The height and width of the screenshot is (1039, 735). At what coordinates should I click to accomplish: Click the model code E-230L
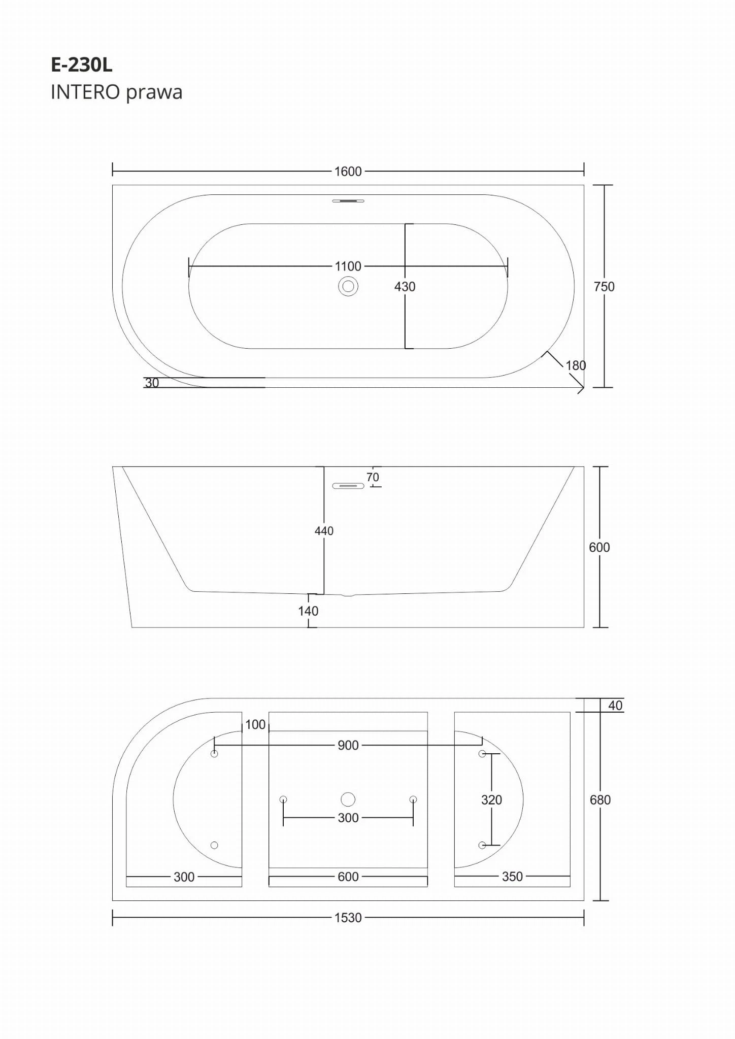(x=82, y=65)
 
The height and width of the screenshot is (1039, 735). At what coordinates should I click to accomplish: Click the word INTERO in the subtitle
(x=85, y=92)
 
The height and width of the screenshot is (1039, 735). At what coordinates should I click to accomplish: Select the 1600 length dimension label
(x=348, y=172)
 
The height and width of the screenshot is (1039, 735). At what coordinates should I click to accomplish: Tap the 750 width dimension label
(x=604, y=287)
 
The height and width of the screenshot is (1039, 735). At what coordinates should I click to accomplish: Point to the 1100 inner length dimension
(x=348, y=266)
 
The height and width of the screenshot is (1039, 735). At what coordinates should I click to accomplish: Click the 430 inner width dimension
(x=405, y=287)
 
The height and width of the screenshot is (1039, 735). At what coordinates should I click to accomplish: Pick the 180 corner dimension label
(x=576, y=365)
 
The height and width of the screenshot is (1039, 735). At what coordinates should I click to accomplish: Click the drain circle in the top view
(x=348, y=287)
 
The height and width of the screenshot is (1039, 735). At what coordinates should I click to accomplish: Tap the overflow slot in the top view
(x=348, y=201)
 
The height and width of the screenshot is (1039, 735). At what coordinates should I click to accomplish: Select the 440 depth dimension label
(x=324, y=531)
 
